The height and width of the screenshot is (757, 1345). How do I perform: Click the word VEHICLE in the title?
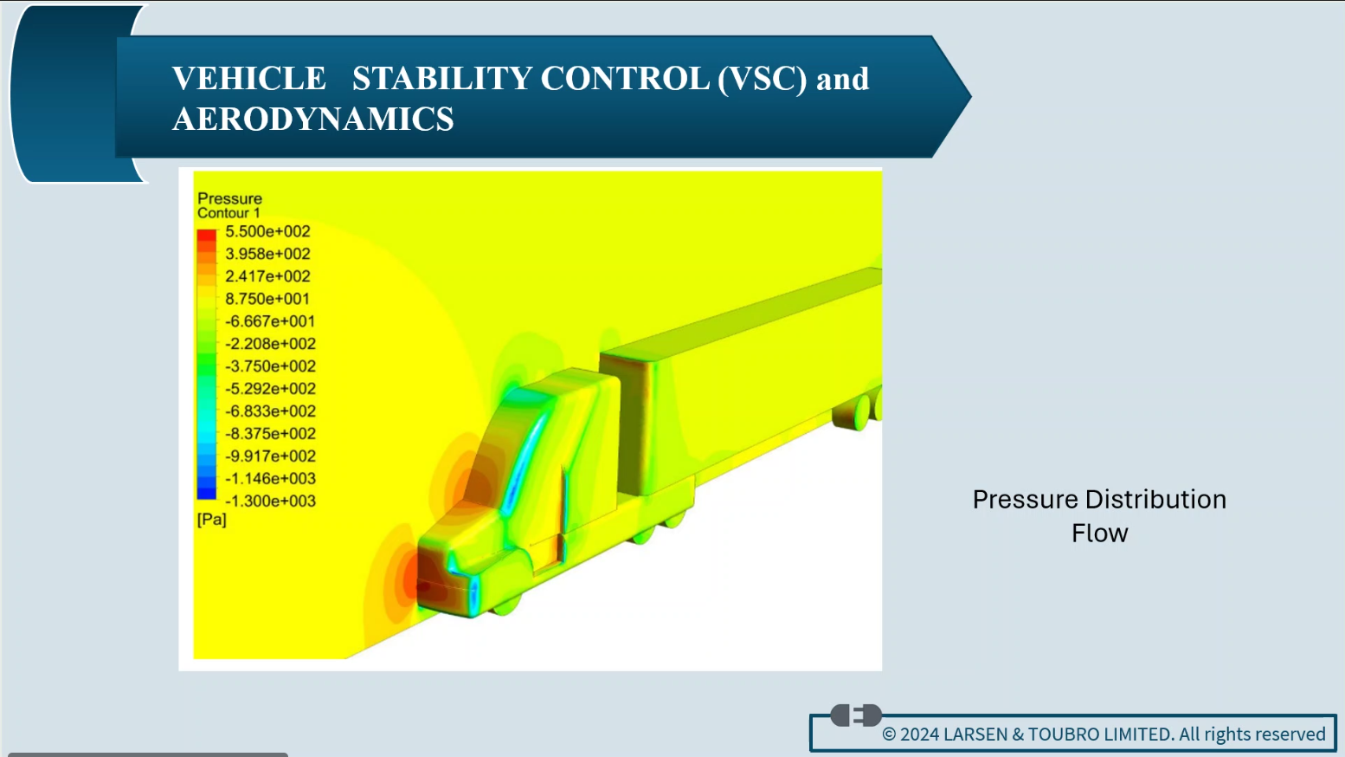[x=248, y=79]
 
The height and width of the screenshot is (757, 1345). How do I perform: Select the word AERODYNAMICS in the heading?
[x=312, y=119]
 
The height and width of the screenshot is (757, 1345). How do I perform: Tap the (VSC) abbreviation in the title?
[x=763, y=79]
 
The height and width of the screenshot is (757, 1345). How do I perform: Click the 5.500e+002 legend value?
[x=267, y=231]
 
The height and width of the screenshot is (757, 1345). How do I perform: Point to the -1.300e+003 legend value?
[x=270, y=501]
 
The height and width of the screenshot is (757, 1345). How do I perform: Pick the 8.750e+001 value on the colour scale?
[x=267, y=299]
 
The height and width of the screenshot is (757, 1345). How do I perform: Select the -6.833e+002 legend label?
[x=270, y=411]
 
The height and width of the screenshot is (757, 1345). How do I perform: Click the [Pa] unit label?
[x=211, y=519]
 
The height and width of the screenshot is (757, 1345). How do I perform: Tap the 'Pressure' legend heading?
[x=230, y=198]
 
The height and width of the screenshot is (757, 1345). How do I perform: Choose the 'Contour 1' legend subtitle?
[x=228, y=213]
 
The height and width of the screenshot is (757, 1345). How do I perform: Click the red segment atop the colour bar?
[x=207, y=235]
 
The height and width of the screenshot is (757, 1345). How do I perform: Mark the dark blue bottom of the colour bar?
[x=207, y=492]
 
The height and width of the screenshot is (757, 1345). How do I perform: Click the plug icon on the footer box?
[x=856, y=715]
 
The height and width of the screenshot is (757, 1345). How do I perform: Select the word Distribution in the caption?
[x=1155, y=499]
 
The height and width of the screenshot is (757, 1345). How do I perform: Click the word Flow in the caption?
[x=1100, y=534]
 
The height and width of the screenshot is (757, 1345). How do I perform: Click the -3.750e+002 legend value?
[x=270, y=366]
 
